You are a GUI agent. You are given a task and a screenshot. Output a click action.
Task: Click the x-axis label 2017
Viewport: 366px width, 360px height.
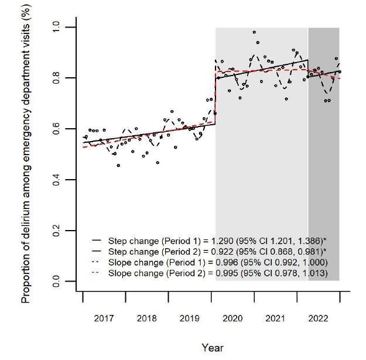[x=104, y=319]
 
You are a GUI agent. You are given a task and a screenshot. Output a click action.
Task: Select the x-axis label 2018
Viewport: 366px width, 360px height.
[x=147, y=319]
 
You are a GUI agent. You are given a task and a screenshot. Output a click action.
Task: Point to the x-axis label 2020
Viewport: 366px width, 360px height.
[x=233, y=319]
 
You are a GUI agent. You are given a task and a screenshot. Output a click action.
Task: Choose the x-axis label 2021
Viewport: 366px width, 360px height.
[x=276, y=319]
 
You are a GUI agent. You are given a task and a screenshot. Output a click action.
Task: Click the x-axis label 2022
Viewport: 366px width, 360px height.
[x=319, y=319]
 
